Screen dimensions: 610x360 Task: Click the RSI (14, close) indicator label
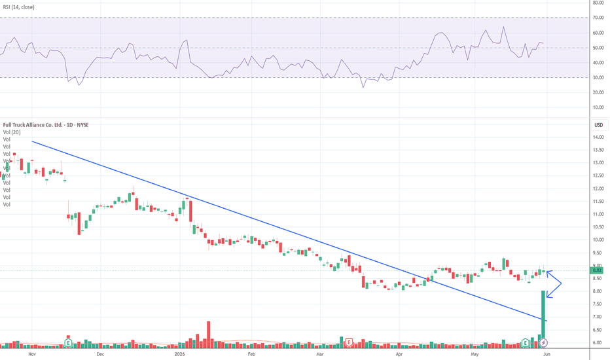point(19,7)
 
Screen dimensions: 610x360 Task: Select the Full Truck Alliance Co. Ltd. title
point(33,125)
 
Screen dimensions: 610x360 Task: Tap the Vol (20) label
point(12,132)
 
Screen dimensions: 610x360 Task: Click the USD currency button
point(599,125)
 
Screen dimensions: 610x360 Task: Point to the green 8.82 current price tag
point(598,270)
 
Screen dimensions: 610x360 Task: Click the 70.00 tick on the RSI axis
point(598,18)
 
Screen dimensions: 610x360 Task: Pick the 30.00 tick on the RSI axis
point(598,77)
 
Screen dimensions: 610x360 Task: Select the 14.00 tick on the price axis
point(598,137)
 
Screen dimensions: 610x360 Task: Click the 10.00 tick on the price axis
point(598,240)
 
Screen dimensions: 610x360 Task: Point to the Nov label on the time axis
point(32,354)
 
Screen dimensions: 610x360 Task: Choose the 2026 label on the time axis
point(180,354)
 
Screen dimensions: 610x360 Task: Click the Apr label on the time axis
point(399,354)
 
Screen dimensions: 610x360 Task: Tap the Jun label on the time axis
point(547,354)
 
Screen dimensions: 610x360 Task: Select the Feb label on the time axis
point(252,354)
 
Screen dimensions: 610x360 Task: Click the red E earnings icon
point(349,342)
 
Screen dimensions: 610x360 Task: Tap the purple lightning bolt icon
point(544,343)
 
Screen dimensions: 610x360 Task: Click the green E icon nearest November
point(69,343)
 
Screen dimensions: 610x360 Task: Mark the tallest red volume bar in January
point(209,334)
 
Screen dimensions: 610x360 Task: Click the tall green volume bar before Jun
point(543,319)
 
